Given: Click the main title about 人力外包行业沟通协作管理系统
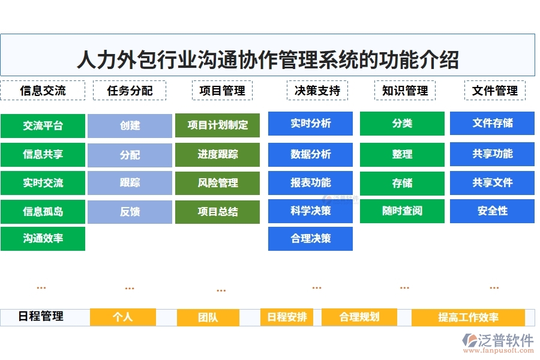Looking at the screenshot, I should tap(268, 60).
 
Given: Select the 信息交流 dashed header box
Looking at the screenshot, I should tap(43, 91).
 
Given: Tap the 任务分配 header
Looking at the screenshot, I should tap(130, 91).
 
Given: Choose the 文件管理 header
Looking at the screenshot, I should tap(494, 91).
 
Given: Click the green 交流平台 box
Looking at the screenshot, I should tap(43, 125).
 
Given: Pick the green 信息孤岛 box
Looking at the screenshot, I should tap(43, 211).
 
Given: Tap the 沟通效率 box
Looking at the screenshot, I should tap(43, 239).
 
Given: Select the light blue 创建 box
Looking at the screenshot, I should tap(130, 125).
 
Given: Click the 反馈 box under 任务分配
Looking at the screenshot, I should tap(130, 212).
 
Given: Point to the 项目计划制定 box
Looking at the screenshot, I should tap(217, 125).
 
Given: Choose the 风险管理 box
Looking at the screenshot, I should tap(217, 183).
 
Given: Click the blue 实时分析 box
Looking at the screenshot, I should tap(310, 124).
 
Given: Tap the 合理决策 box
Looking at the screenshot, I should tap(310, 239).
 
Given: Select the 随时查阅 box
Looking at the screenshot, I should tap(402, 211).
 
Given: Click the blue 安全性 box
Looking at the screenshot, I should tap(492, 211).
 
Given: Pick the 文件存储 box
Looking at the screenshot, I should tap(492, 124).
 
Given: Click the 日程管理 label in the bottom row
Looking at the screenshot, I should tap(41, 316).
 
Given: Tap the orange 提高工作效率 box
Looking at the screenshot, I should tap(468, 317).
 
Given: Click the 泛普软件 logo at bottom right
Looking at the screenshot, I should tap(497, 343).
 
